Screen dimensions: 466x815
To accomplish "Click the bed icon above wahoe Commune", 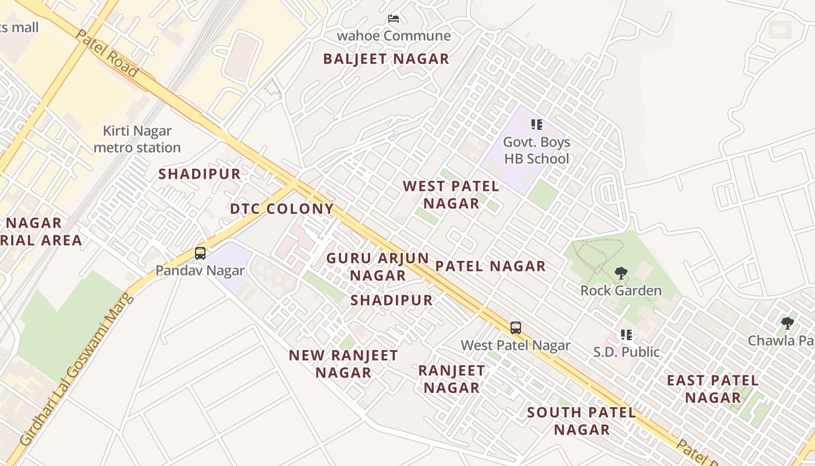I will click(394, 19).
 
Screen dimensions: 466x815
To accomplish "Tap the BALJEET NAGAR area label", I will click(386, 59).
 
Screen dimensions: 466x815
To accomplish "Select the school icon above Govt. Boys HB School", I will click(536, 125).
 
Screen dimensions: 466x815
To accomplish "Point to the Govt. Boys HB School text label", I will click(536, 150).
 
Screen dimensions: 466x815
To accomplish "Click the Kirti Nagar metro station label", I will click(137, 139).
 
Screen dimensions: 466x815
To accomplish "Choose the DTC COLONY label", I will click(282, 209).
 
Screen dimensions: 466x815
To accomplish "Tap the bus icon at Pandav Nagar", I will click(200, 253).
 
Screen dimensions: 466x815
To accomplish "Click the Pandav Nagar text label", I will click(200, 270).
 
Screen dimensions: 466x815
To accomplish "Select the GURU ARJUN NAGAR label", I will click(378, 266).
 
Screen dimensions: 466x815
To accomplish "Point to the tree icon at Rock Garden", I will click(621, 273).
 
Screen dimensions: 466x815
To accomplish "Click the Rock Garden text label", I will click(621, 290).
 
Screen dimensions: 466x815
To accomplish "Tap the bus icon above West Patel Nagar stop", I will click(516, 327).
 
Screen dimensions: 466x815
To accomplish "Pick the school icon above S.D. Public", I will click(626, 335).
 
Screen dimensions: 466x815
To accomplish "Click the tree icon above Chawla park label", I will click(788, 323).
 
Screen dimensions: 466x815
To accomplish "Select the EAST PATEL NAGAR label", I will click(713, 389).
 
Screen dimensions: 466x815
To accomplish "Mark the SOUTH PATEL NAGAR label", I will click(582, 421).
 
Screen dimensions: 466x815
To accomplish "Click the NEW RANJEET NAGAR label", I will click(343, 363).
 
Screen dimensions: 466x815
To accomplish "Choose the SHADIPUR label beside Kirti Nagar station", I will click(200, 174).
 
